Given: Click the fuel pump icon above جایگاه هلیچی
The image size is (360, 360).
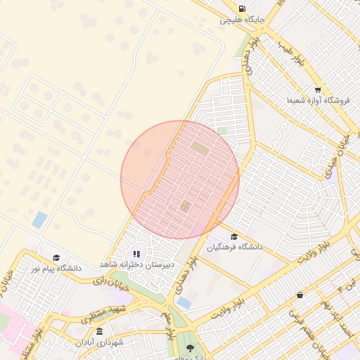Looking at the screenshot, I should (242, 9).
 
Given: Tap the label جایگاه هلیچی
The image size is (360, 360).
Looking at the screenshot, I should (242, 20).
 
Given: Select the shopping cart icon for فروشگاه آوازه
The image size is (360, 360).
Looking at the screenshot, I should (318, 90).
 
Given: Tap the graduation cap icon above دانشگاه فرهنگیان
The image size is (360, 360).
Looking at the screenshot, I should (234, 236).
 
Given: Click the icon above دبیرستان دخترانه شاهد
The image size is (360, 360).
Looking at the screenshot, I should (136, 252).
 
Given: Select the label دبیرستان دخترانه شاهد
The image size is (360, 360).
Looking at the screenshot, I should (136, 263).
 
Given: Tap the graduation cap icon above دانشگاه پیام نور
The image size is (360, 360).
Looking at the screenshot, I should (56, 258).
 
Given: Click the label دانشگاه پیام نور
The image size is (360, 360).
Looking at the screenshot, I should (56, 269).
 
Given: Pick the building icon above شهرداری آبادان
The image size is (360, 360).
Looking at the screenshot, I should (98, 331).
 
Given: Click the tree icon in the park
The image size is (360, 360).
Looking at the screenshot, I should (191, 347).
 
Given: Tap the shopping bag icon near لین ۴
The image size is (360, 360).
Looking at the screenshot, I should (301, 295).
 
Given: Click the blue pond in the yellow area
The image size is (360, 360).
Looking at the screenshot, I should (39, 219).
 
